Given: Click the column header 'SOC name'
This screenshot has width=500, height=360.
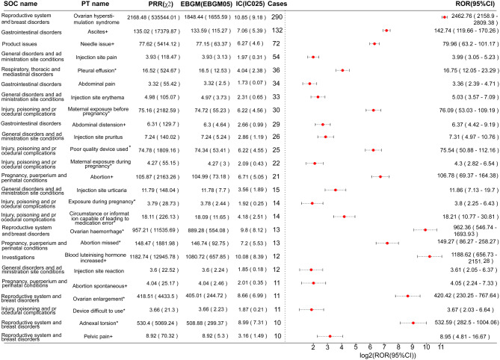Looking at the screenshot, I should [x=28, y=5].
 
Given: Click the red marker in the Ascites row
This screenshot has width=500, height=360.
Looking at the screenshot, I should [x=386, y=31].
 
